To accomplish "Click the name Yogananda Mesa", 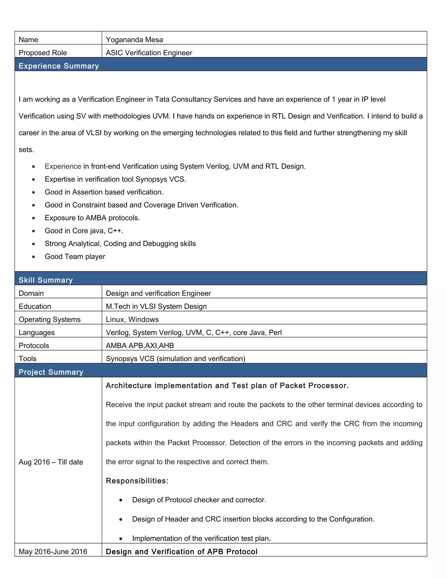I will pos(134,40).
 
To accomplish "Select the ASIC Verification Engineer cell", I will pos(149,53).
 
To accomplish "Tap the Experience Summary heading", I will pos(58,66).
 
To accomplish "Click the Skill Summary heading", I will pos(46,280).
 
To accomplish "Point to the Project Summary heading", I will pos(51,372).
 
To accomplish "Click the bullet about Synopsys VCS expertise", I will pos(115,179).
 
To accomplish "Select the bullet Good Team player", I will pos(75,257).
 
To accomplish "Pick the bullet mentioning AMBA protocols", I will pos(92,218).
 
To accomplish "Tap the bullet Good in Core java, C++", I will pos(84,231).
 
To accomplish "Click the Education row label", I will pos(35,306).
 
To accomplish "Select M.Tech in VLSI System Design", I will pos(156,306).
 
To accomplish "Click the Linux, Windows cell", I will pos(132,320).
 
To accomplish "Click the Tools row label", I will pos(28,359).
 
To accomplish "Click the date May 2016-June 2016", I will pos(53,552).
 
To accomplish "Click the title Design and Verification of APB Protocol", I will pos(181,552).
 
